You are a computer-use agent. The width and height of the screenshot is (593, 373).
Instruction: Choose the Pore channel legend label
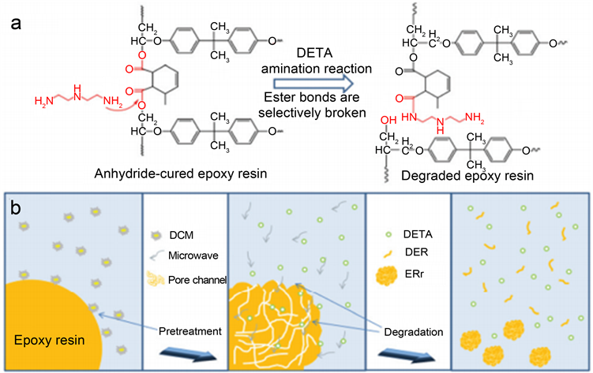197,278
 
